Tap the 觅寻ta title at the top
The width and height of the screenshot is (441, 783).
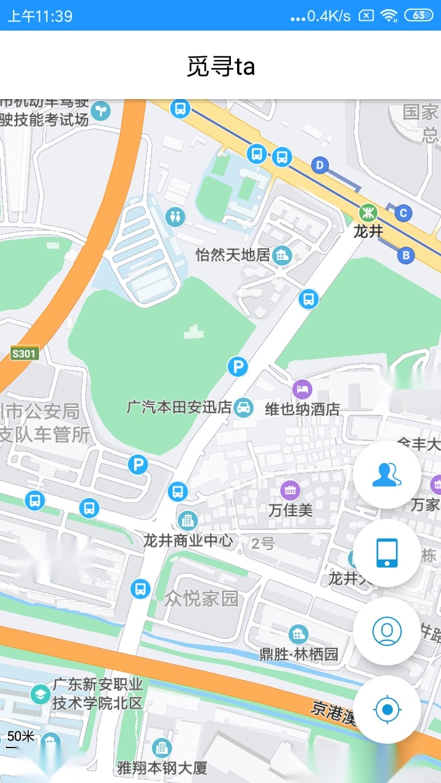[221, 66]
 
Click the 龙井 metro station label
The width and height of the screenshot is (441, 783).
[368, 231]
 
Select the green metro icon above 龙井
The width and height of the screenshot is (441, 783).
[368, 213]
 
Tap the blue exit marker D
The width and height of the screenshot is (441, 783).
[320, 165]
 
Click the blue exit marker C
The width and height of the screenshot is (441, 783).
[403, 213]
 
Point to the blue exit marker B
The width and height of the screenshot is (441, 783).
[405, 255]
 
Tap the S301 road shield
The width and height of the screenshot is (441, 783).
[24, 353]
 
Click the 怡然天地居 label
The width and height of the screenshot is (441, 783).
[233, 254]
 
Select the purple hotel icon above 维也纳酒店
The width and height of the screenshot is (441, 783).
[302, 388]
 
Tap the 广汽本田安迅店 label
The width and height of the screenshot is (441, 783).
[179, 407]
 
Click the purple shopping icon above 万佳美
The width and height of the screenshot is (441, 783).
[290, 489]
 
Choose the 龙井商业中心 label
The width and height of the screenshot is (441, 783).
[188, 540]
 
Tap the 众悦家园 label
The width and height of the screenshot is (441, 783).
[201, 598]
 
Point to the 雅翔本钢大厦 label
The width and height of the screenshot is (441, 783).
[162, 767]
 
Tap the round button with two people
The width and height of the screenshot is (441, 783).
[387, 474]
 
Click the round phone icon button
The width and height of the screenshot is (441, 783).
[387, 552]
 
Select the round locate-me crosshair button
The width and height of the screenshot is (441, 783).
[387, 710]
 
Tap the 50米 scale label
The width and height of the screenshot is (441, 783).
[21, 736]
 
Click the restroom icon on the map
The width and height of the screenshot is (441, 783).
[176, 216]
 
